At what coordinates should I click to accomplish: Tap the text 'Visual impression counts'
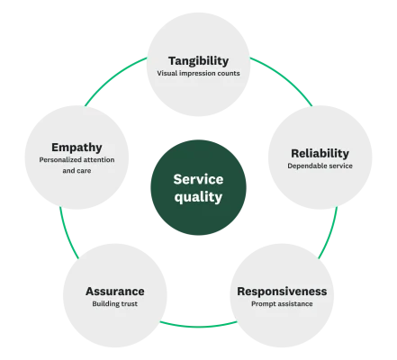(x=198, y=73)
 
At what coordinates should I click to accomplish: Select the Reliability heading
(x=320, y=152)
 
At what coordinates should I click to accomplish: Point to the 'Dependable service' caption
(x=320, y=166)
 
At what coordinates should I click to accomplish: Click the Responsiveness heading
(x=282, y=291)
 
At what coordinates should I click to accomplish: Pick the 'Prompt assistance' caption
(x=282, y=304)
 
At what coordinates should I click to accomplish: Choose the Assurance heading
(x=114, y=291)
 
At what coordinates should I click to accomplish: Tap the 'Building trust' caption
(x=114, y=304)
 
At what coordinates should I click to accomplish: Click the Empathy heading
(x=77, y=146)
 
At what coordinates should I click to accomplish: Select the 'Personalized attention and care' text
(x=77, y=164)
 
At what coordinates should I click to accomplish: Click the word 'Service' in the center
(x=198, y=178)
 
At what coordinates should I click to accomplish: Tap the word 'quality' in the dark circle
(x=198, y=197)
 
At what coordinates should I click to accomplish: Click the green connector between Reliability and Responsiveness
(x=329, y=232)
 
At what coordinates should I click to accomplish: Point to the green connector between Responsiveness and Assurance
(x=198, y=325)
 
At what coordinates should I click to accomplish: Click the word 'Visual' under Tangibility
(x=167, y=73)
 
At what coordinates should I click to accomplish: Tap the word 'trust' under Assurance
(x=128, y=304)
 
